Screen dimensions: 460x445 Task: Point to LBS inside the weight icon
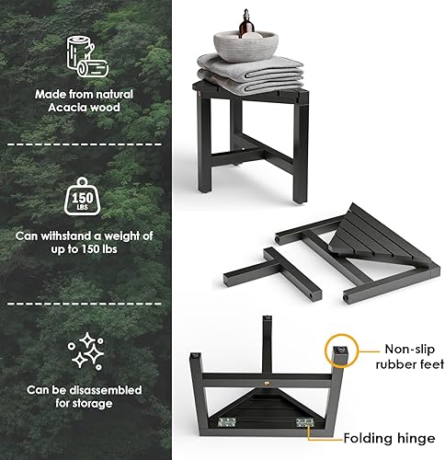(83, 207)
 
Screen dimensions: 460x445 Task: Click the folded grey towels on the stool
(248, 74)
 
